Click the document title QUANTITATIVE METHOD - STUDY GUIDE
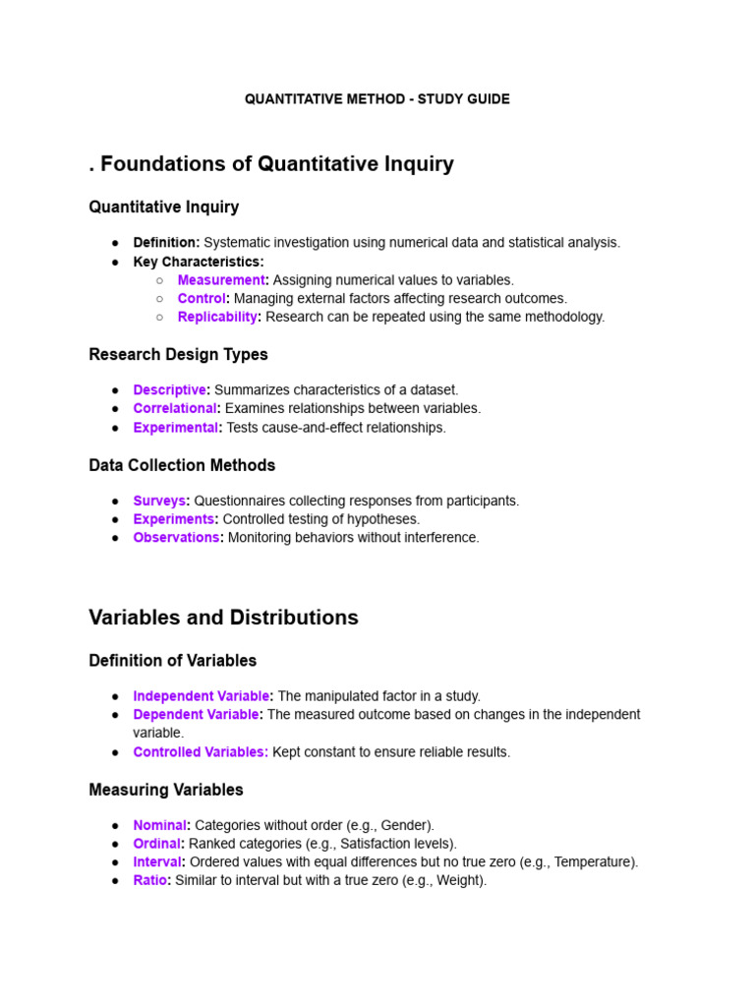(x=377, y=99)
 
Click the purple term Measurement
(x=221, y=280)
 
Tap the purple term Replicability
(x=217, y=317)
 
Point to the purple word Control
(x=202, y=298)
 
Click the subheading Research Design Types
(x=178, y=354)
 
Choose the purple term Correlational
(x=174, y=408)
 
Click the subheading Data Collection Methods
(x=182, y=465)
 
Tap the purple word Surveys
(x=159, y=501)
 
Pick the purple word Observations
(x=176, y=537)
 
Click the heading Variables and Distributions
(x=223, y=618)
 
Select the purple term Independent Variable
(x=202, y=696)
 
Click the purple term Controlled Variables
(x=200, y=752)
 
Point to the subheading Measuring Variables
(x=166, y=790)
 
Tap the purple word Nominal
(x=159, y=825)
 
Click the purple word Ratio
(x=149, y=880)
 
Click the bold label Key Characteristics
(x=198, y=262)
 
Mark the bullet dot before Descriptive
(x=115, y=390)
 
